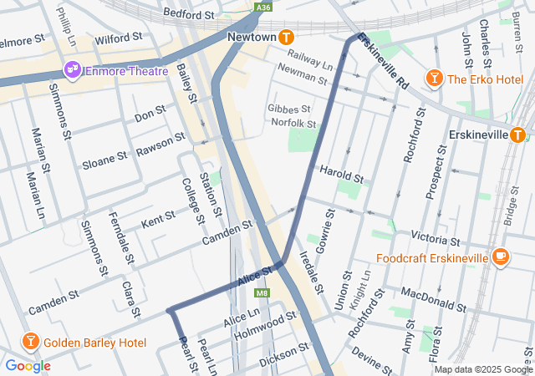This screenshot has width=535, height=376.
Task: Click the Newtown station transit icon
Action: coord(287,37)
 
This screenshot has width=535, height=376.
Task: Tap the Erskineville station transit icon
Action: coord(517,135)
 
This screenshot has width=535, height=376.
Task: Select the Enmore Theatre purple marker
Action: coord(71,70)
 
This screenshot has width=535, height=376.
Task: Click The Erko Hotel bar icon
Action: coord(434,79)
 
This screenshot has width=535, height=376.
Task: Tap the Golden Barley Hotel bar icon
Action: coord(30,343)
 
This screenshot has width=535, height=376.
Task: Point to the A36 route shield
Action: coord(264,8)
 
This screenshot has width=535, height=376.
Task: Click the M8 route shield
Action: coord(262,293)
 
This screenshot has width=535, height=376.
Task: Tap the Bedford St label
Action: coord(189,14)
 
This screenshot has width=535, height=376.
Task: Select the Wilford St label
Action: coord(118,38)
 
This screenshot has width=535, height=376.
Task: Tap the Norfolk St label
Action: coord(293,123)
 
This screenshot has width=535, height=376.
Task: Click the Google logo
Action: coord(28,365)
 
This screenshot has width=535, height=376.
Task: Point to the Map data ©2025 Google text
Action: coord(482,369)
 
